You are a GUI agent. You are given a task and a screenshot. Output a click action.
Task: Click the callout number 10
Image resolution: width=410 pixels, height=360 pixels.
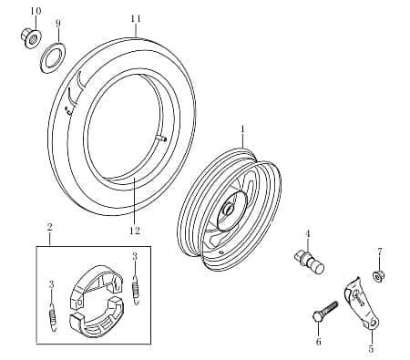(36, 11)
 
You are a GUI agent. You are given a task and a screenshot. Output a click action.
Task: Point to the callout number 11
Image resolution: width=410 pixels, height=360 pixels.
(136, 19)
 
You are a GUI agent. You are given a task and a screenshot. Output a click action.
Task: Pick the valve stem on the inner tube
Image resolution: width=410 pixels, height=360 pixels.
(161, 139)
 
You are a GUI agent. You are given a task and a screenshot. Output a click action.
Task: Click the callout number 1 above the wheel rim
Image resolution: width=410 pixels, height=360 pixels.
(243, 130)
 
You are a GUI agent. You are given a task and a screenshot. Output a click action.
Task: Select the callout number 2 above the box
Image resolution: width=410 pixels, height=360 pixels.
(49, 228)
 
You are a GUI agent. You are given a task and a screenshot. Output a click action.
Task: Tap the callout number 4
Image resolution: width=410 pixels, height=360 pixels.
(308, 232)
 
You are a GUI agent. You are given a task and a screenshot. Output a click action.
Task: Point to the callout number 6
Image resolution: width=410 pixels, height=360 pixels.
(318, 342)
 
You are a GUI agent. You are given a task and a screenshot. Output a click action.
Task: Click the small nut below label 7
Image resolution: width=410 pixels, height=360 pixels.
(380, 275)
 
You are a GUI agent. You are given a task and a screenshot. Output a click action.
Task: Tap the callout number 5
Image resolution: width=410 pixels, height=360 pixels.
(371, 349)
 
